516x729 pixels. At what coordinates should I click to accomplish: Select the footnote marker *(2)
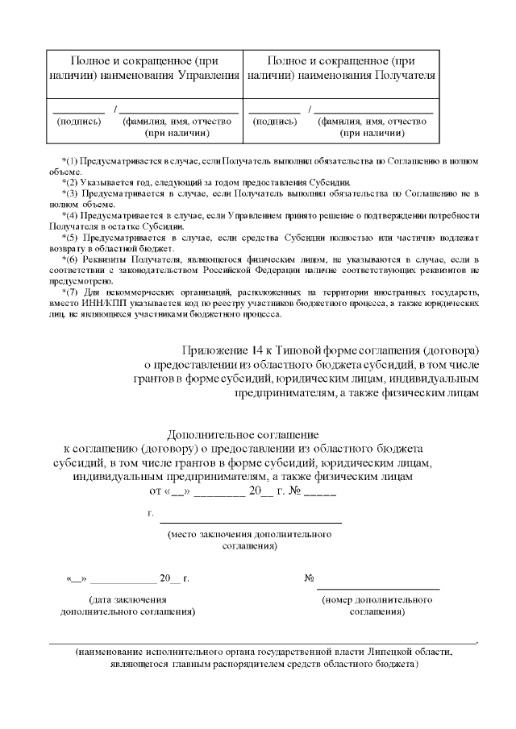click(72, 182)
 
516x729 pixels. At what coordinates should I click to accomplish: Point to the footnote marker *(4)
click(72, 217)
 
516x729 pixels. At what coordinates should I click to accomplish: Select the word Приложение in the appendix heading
click(215, 350)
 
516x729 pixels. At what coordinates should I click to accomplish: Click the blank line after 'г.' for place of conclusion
click(250, 522)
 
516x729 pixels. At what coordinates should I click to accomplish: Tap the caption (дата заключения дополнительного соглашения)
click(127, 606)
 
